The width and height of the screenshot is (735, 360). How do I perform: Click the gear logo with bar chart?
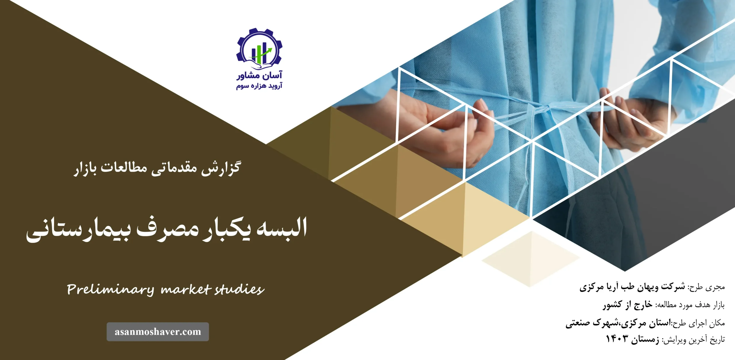tap(259, 49)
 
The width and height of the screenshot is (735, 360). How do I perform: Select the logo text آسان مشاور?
tap(259, 76)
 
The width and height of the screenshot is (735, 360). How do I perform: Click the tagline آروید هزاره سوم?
tap(259, 86)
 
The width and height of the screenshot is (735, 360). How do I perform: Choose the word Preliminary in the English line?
tap(111, 289)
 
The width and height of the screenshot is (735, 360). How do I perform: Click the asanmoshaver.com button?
tap(158, 332)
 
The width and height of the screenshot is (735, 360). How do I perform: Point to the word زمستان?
tap(645, 340)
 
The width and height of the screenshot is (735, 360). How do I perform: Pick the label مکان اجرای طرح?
tap(698, 323)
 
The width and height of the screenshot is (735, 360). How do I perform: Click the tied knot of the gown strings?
tap(539, 111)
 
